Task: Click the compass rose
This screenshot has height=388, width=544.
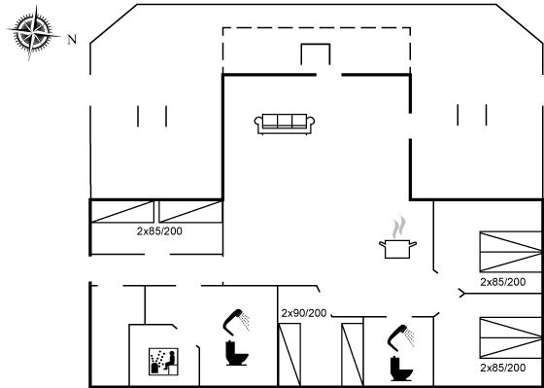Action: coord(34,34)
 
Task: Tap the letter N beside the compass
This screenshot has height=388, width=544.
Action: coord(72,40)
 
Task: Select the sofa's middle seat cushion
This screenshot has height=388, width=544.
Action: coord(285,121)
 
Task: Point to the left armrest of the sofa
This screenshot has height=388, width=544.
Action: coord(258,124)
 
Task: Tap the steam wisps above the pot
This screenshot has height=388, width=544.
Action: coord(399,227)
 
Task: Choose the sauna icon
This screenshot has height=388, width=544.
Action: coord(163,362)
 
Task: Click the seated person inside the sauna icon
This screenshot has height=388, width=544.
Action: coord(170,361)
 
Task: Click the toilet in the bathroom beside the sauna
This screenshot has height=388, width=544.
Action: coord(237,353)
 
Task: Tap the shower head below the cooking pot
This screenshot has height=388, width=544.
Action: coord(400,336)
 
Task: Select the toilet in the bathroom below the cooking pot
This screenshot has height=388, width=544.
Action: coord(401,369)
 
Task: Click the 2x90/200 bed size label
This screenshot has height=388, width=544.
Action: coord(304,313)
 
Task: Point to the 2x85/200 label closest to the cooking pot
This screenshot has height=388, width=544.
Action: coord(503,282)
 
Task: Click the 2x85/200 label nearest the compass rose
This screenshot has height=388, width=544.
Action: coord(159,231)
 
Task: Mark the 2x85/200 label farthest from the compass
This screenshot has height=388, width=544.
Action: coord(503,368)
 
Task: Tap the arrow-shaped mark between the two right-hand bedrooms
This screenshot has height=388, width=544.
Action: coord(461,293)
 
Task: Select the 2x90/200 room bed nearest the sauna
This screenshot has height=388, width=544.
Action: coord(289,354)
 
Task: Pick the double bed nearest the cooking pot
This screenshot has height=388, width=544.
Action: coord(510,252)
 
